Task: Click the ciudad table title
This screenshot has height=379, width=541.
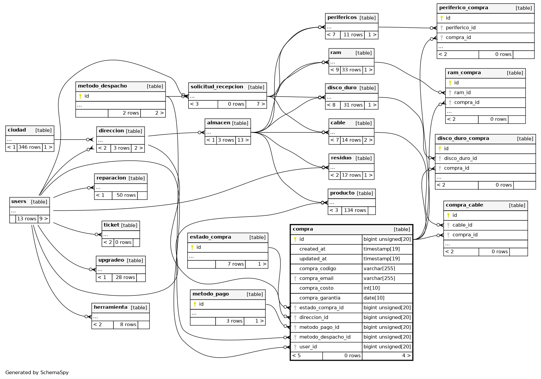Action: click(17, 130)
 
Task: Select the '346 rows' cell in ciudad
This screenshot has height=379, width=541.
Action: click(29, 147)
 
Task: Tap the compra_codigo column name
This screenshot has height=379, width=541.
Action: click(317, 269)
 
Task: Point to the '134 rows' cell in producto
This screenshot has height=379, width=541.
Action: click(355, 210)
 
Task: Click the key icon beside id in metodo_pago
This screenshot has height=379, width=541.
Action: click(195, 304)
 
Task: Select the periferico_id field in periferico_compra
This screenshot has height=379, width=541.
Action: click(460, 28)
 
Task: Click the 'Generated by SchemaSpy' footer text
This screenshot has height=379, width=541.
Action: click(37, 372)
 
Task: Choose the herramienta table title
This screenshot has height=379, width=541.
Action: click(110, 307)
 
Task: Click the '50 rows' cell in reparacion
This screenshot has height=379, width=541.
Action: click(126, 195)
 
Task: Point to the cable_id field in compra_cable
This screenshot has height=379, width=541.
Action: click(462, 225)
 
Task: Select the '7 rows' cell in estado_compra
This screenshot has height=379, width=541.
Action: click(236, 264)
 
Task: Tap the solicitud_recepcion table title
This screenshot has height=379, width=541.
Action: click(217, 87)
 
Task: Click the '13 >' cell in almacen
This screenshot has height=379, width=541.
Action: click(243, 140)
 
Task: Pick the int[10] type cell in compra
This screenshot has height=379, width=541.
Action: click(371, 288)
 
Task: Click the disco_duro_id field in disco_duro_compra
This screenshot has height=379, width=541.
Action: click(460, 158)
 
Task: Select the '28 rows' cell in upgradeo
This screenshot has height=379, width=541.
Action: click(125, 277)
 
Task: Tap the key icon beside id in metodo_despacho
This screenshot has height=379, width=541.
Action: click(80, 96)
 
